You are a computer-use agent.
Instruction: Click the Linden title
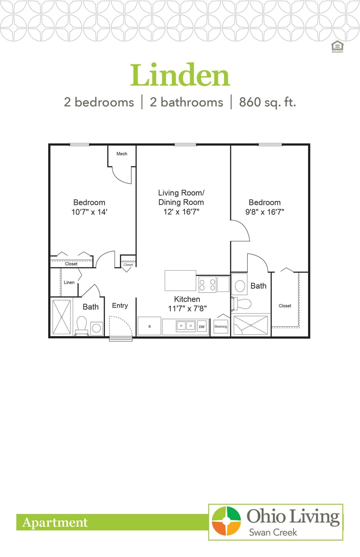[180, 76]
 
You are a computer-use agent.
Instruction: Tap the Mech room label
[122, 154]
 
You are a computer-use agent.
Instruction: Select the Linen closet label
[69, 282]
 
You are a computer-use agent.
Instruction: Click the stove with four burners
[207, 284]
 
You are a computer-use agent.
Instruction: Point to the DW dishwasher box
[202, 327]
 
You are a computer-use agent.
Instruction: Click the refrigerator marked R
[149, 326]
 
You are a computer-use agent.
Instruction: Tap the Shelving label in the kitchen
[221, 327]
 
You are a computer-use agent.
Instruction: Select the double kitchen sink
[186, 326]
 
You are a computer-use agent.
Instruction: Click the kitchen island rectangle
[180, 281]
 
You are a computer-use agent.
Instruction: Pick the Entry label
[120, 305]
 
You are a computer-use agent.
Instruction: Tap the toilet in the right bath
[244, 304]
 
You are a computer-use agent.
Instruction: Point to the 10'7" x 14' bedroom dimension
[89, 212]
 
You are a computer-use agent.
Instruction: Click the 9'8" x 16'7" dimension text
[264, 212]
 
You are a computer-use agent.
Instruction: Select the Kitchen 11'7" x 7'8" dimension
[187, 308]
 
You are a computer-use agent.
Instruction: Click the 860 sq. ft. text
[267, 102]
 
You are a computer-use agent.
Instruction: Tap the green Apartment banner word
[55, 523]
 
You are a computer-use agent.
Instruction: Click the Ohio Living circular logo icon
[226, 522]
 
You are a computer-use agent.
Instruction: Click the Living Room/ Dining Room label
[181, 197]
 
